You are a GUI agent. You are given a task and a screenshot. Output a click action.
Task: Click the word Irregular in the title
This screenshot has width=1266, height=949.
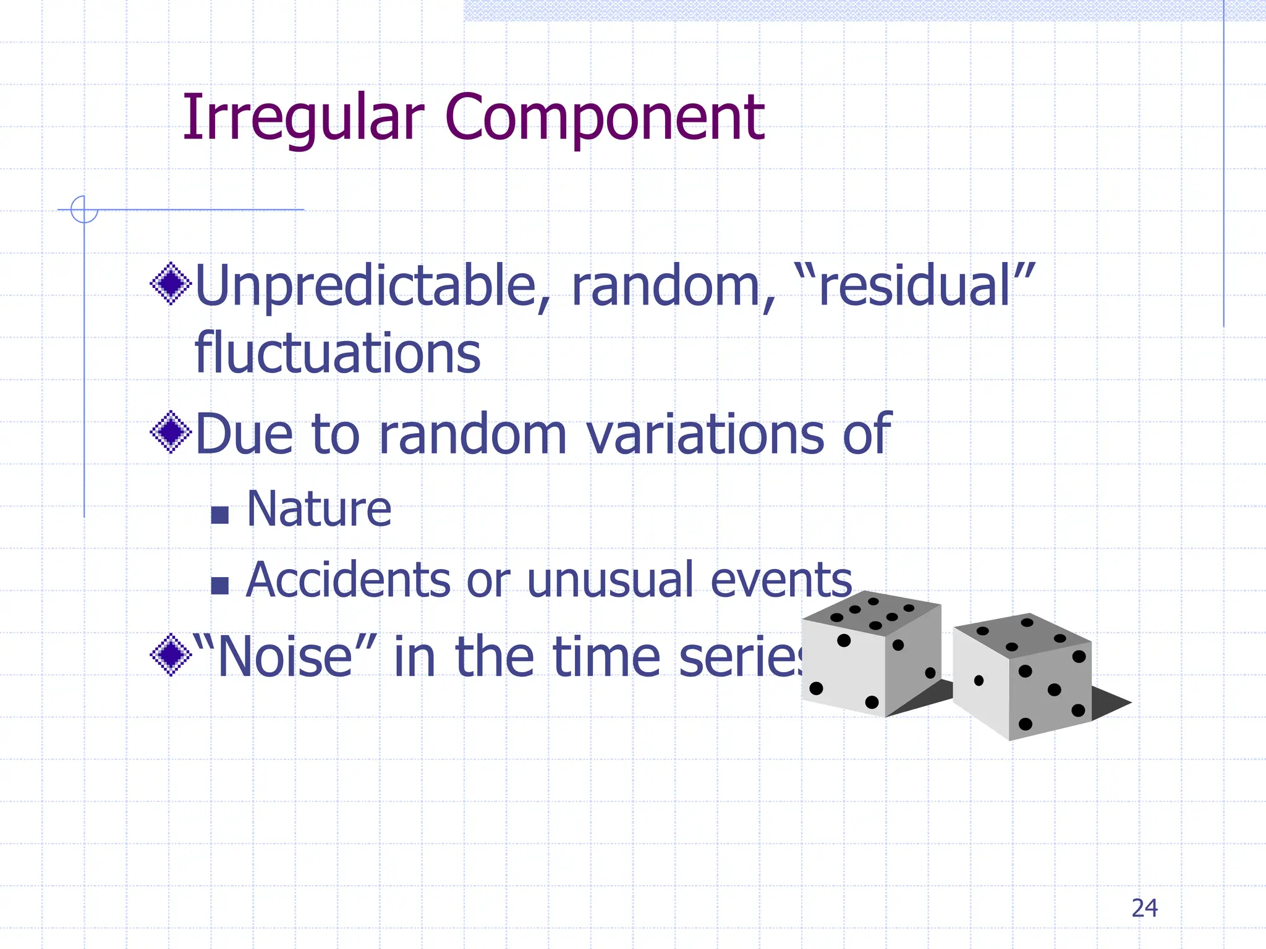tap(303, 117)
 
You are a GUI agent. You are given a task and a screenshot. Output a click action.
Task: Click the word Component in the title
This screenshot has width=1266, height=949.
tap(604, 117)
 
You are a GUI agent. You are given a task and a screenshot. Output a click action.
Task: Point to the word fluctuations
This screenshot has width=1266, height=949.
tap(338, 353)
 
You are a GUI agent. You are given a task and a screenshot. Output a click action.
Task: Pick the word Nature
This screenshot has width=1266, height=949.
tap(319, 509)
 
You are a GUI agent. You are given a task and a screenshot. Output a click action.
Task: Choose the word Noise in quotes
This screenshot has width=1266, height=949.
tap(284, 657)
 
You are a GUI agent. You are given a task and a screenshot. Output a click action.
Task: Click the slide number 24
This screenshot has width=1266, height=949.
tap(1144, 908)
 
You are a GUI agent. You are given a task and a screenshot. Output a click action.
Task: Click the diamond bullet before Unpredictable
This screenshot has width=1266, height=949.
tap(171, 284)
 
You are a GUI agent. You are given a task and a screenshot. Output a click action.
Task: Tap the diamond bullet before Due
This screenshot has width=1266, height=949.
tap(171, 432)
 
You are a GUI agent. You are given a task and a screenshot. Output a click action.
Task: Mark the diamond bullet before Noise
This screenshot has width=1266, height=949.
tap(171, 655)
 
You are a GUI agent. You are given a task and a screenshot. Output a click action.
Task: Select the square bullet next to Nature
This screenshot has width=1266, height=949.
tap(220, 515)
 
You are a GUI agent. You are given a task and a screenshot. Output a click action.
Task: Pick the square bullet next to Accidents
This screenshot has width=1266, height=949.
tap(220, 585)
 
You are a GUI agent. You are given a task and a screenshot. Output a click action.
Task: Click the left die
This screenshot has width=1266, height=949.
tap(872, 655)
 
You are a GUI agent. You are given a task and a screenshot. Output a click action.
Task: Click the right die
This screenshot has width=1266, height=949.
tap(1023, 677)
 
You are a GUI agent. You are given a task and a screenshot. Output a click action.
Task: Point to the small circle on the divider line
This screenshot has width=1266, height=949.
tap(84, 209)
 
